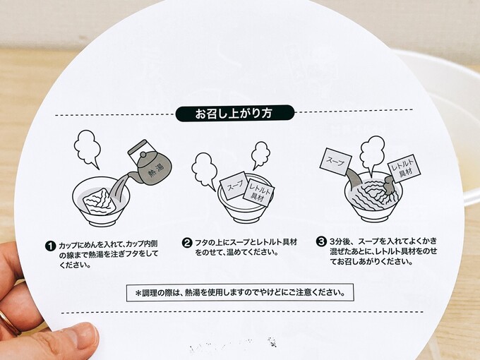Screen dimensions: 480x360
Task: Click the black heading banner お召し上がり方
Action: (x=235, y=113)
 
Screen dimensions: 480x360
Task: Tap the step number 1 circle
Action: (x=50, y=246)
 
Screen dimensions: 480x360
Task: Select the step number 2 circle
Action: (x=186, y=243)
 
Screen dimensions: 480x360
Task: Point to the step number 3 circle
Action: (x=321, y=241)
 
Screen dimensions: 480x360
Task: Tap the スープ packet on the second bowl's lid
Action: (x=234, y=186)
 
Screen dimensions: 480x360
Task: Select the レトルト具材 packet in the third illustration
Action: (x=404, y=169)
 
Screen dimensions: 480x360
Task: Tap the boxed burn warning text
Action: (x=240, y=293)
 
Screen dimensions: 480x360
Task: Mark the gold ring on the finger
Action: (x=8, y=322)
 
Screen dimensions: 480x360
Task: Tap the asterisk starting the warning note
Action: (x=138, y=293)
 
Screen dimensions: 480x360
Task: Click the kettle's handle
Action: (x=138, y=150)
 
